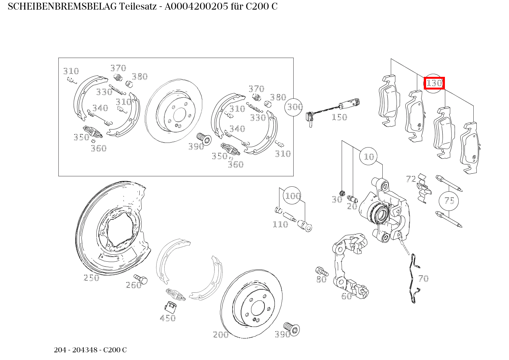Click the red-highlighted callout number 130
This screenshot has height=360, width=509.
434,83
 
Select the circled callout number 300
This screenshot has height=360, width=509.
294,107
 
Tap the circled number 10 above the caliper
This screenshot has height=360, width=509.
369,156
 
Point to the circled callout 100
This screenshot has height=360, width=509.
293,196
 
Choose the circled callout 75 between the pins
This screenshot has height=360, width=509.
449,201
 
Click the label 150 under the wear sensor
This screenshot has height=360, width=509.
339,117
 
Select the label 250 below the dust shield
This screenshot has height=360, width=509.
91,278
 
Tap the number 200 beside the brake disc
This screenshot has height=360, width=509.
221,335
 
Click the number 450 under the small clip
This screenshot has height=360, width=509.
168,318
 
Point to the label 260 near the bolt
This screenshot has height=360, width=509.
134,285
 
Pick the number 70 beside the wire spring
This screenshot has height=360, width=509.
423,279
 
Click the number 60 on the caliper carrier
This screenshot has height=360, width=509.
347,296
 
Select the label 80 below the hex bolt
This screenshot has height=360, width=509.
321,280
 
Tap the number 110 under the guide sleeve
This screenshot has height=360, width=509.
280,224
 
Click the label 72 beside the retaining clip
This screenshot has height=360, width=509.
411,179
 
